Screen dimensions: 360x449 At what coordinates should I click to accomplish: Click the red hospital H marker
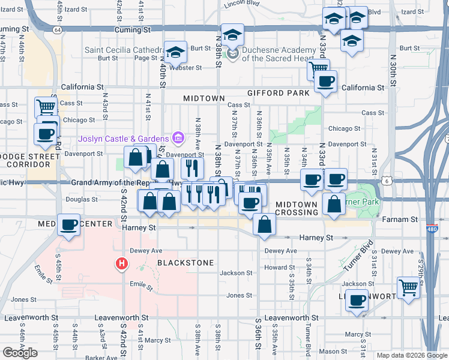(x=122, y=263)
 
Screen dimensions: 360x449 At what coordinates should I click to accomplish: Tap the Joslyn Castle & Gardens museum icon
(x=178, y=139)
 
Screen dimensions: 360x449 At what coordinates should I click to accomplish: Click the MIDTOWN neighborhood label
(x=204, y=98)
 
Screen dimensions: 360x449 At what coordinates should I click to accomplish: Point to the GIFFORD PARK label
(x=279, y=93)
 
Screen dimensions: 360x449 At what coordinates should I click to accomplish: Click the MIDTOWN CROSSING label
(x=297, y=209)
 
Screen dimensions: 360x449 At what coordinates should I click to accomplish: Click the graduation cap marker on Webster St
(x=176, y=53)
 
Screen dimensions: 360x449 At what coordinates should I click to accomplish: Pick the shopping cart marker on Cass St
(x=46, y=107)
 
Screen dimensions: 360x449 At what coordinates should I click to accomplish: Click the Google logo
(x=20, y=353)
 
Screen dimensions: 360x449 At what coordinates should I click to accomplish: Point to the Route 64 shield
(x=56, y=29)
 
